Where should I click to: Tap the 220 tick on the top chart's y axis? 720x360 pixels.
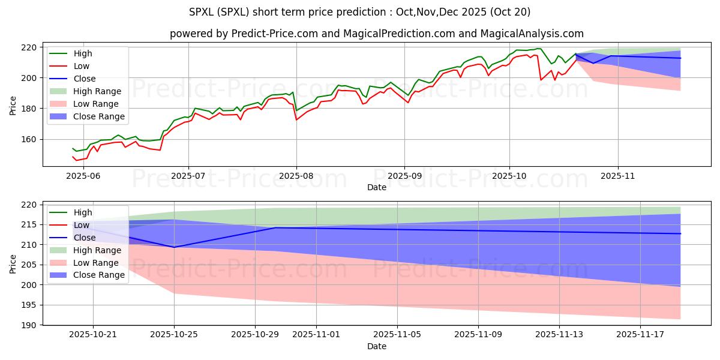coord(29,47)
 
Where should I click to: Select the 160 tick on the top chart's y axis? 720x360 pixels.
coord(29,139)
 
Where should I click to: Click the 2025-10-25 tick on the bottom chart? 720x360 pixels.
coord(175,334)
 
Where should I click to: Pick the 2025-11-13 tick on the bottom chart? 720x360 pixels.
coord(559,334)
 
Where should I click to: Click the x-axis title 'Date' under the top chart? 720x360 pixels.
coord(377,187)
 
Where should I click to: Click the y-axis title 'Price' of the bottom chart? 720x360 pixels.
coord(13,263)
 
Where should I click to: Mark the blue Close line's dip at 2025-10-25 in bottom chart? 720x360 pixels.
coord(175,247)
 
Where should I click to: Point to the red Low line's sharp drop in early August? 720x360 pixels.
coord(296,119)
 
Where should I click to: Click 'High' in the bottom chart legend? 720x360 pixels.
coord(82,212)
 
